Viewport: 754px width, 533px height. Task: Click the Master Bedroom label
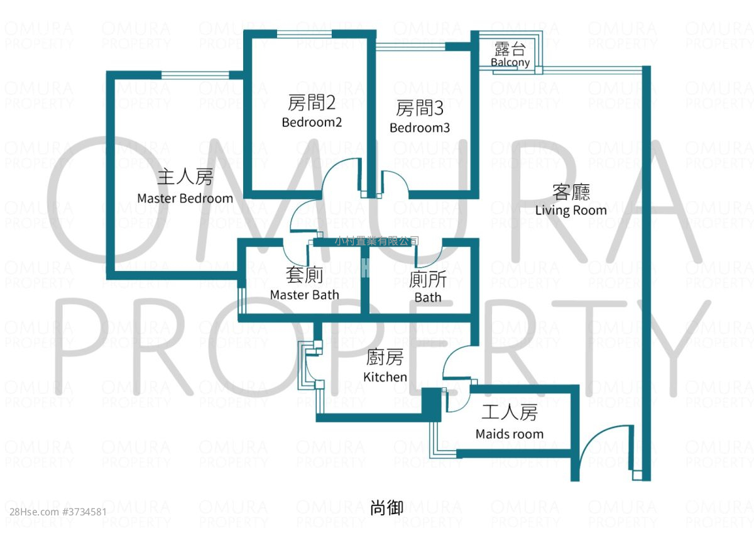pos(185,199)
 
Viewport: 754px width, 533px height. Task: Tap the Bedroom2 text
pos(312,122)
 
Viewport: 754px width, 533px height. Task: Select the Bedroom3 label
pos(420,128)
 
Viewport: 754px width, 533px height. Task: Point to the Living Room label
pos(571,210)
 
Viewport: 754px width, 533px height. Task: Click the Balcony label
pos(510,63)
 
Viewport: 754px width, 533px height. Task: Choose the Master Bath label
pos(304,295)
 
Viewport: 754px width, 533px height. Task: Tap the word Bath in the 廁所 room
pos(428,297)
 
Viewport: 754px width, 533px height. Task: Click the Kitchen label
pos(385,377)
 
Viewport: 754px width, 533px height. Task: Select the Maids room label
pos(509,434)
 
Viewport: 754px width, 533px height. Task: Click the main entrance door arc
pos(600,446)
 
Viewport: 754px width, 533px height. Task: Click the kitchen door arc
pos(456,361)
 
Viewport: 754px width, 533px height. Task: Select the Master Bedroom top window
pos(195,75)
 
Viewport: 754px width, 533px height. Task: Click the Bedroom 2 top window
pos(304,33)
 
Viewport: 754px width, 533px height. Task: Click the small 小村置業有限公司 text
pos(376,241)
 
